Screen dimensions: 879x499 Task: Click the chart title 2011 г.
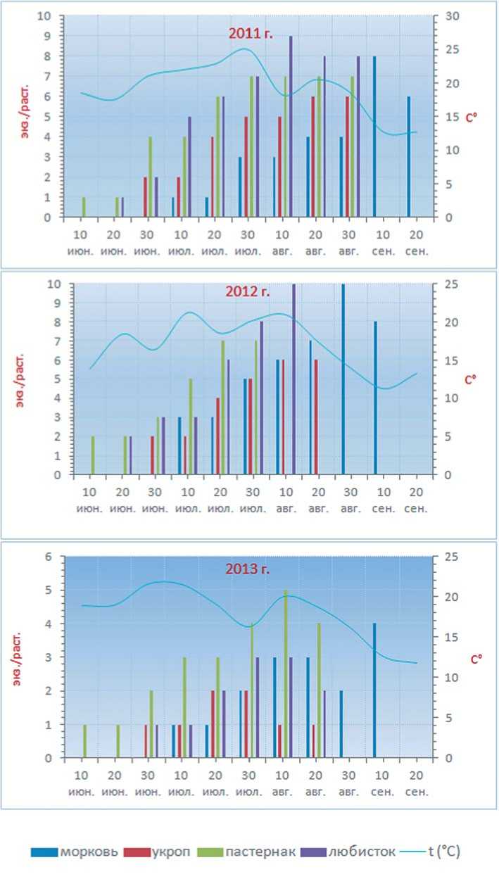click(250, 33)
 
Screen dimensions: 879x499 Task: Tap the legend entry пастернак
click(246, 852)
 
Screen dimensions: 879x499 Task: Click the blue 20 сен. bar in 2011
click(408, 157)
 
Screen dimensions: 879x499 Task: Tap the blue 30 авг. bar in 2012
click(343, 379)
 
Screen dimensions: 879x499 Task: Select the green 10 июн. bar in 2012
click(92, 455)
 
